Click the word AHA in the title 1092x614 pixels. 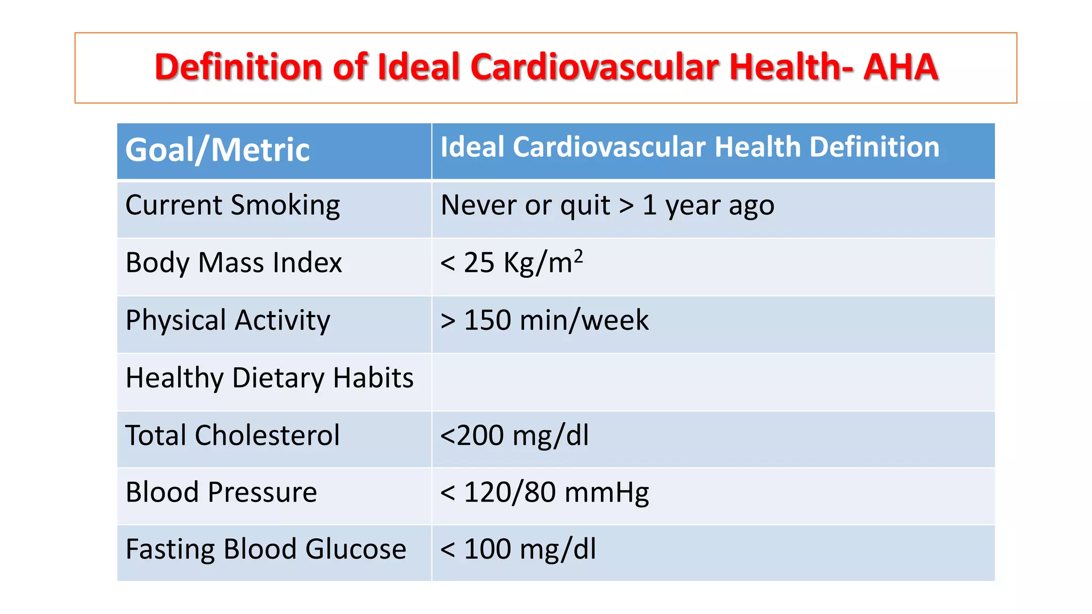pyautogui.click(x=901, y=67)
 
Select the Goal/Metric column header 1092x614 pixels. pyautogui.click(x=218, y=150)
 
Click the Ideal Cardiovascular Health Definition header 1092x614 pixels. pyautogui.click(x=689, y=147)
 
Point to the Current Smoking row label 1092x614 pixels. pyautogui.click(x=232, y=206)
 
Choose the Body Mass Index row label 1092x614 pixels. pyautogui.click(x=234, y=263)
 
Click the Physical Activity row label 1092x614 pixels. pyautogui.click(x=228, y=320)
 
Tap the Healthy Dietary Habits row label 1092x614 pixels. pyautogui.click(x=269, y=378)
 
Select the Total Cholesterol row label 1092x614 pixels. pyautogui.click(x=232, y=435)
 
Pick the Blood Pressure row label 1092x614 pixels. pyautogui.click(x=221, y=492)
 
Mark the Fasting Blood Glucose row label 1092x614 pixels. pyautogui.click(x=266, y=549)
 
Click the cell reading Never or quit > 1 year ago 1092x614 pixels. pyautogui.click(x=607, y=206)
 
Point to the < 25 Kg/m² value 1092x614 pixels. pyautogui.click(x=511, y=263)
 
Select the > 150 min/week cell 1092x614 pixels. pyautogui.click(x=544, y=320)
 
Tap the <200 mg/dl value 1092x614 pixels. pyautogui.click(x=515, y=435)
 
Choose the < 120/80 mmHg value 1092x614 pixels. pyautogui.click(x=544, y=492)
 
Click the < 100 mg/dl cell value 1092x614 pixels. pyautogui.click(x=518, y=549)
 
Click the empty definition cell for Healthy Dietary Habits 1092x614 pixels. pyautogui.click(x=713, y=382)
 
